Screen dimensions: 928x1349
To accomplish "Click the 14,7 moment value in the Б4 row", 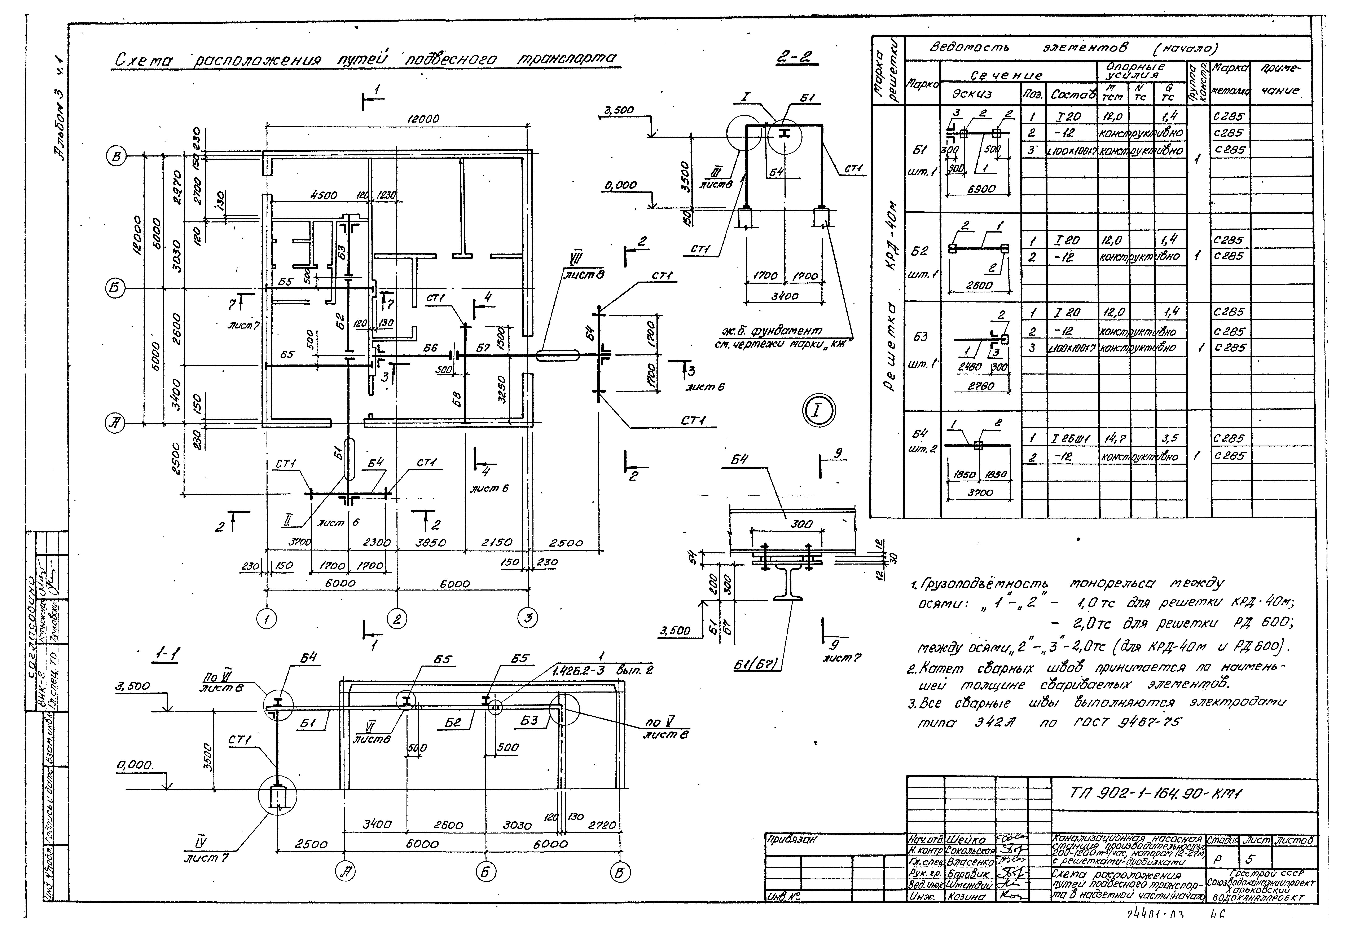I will (1112, 438).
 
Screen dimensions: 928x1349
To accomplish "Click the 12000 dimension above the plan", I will (423, 119).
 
